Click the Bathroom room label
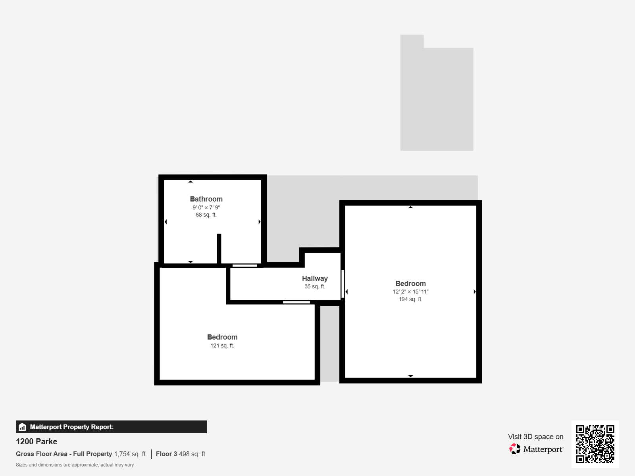click(206, 199)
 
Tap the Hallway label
click(315, 278)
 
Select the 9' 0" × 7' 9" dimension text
click(206, 207)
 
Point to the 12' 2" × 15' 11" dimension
click(410, 292)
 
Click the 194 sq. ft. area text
click(410, 299)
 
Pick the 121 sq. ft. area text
click(222, 345)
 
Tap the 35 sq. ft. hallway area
click(315, 286)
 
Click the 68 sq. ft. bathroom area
click(206, 215)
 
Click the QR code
click(595, 444)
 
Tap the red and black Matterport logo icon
click(515, 449)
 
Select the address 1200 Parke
click(37, 441)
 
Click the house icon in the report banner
click(22, 427)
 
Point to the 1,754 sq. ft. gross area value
click(131, 454)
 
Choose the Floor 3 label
click(166, 454)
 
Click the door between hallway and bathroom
click(245, 266)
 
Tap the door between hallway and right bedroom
click(343, 284)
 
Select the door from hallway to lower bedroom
click(296, 302)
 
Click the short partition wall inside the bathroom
click(219, 249)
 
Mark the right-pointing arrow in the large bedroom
click(474, 292)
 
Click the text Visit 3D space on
click(535, 437)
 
